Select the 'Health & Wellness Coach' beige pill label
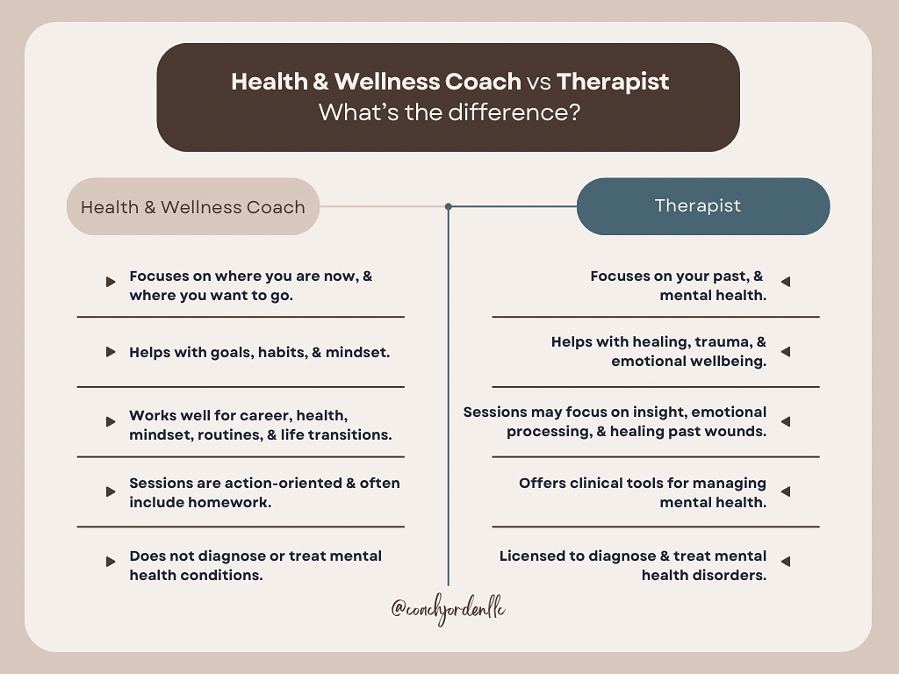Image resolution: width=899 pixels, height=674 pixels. coord(192,207)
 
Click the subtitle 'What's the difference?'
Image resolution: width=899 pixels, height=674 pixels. coord(449,112)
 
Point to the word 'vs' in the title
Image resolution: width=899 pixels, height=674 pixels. coord(538,82)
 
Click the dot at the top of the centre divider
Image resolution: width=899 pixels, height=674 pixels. coord(449,207)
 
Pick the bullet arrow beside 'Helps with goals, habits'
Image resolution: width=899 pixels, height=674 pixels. coord(111,352)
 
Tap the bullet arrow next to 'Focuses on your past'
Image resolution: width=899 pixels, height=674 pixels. coord(786,282)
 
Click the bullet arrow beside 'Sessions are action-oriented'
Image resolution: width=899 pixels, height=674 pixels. coord(111,492)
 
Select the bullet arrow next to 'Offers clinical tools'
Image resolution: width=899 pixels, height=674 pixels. coord(786,492)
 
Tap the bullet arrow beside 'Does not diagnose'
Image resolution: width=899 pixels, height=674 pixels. coord(111,562)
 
